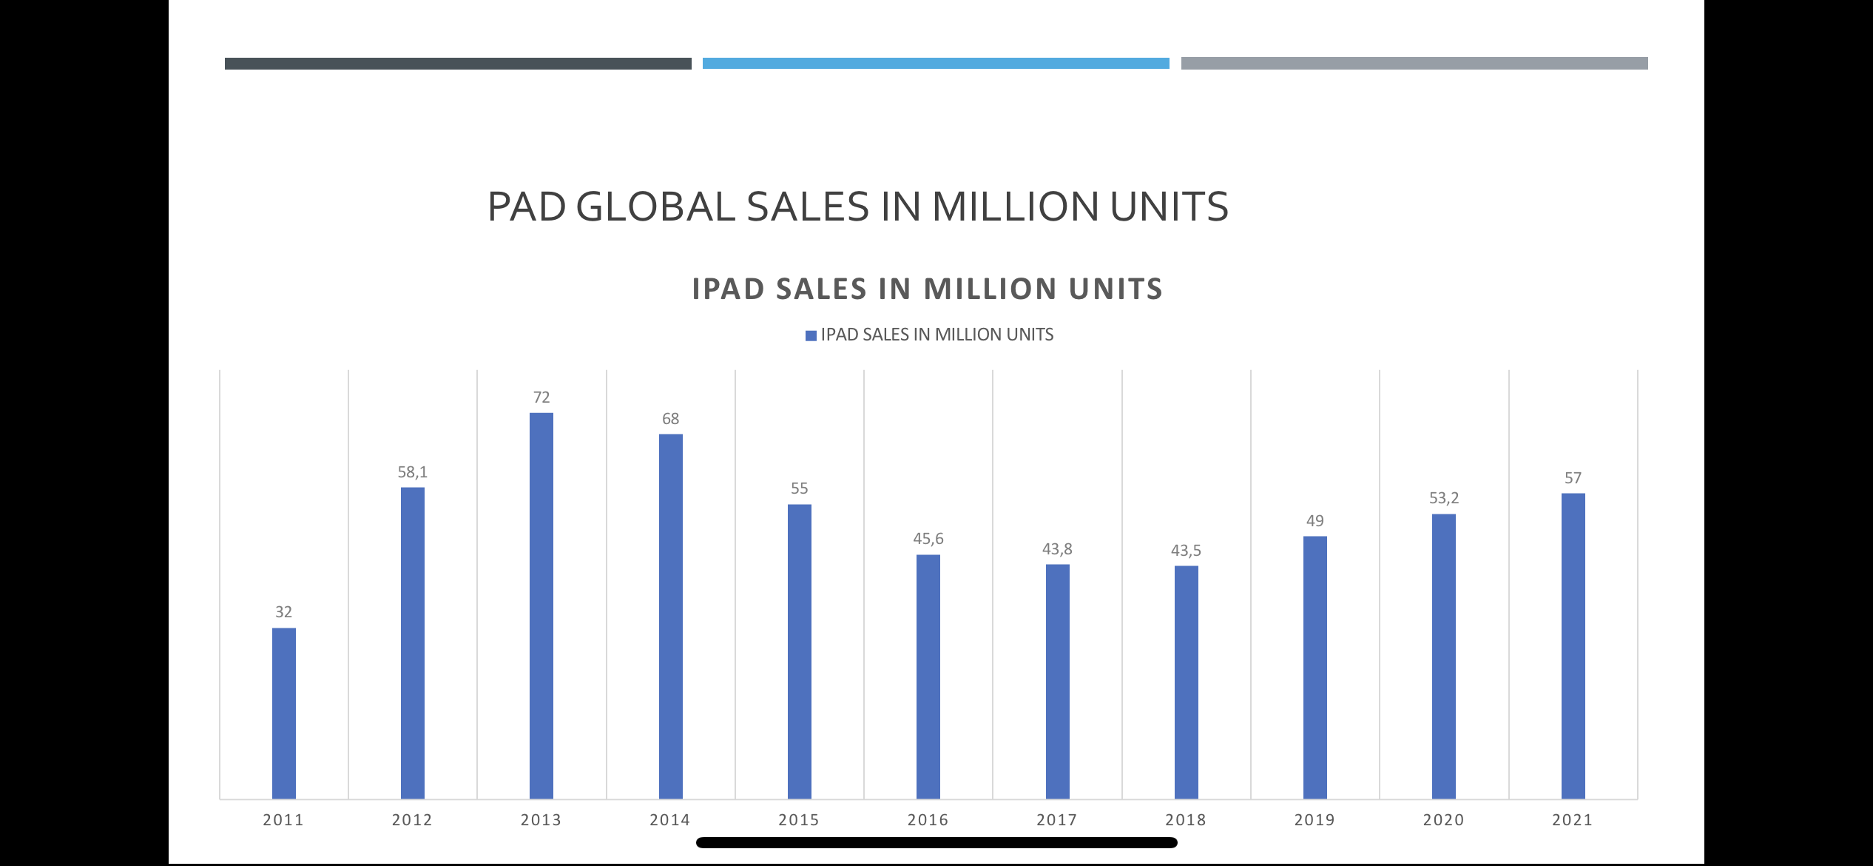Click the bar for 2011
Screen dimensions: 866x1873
pyautogui.click(x=284, y=713)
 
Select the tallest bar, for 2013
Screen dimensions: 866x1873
pyautogui.click(x=541, y=605)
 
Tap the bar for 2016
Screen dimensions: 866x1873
pyautogui.click(x=928, y=676)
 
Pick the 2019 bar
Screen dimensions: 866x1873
pyautogui.click(x=1315, y=667)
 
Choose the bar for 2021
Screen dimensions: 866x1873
pyautogui.click(x=1573, y=645)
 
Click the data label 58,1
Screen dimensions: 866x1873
pyautogui.click(x=413, y=472)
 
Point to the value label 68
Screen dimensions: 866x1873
pyautogui.click(x=670, y=419)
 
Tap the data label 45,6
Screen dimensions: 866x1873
pyautogui.click(x=928, y=539)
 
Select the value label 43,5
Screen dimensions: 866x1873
pyautogui.click(x=1186, y=551)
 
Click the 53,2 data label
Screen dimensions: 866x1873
pyautogui.click(x=1443, y=498)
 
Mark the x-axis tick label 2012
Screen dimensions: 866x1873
pyautogui.click(x=412, y=820)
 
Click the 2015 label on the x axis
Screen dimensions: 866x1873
pyautogui.click(x=799, y=820)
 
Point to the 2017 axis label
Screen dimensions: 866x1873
pyautogui.click(x=1056, y=820)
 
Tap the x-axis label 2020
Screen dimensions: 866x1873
pyautogui.click(x=1443, y=820)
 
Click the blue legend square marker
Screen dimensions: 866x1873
pyautogui.click(x=811, y=335)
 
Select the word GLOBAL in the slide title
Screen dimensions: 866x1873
pyautogui.click(x=655, y=207)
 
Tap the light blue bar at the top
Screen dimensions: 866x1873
pyautogui.click(x=936, y=64)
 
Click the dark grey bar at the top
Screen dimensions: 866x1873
pyautogui.click(x=458, y=64)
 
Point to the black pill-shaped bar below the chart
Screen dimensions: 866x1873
pyautogui.click(x=936, y=842)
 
